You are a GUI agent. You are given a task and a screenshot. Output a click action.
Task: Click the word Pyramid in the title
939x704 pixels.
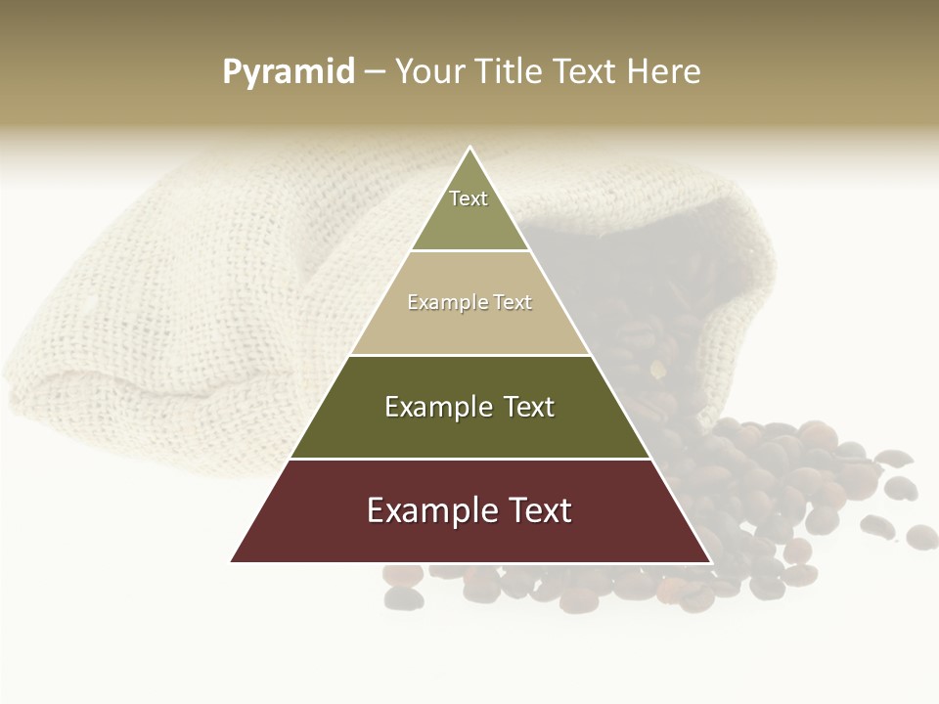(289, 72)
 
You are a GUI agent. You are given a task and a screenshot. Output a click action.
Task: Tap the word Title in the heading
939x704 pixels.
(511, 72)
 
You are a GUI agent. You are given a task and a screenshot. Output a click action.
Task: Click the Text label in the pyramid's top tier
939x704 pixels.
(469, 198)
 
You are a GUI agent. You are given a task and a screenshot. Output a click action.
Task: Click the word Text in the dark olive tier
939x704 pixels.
(529, 407)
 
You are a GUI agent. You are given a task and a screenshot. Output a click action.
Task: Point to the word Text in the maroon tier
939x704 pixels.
(539, 510)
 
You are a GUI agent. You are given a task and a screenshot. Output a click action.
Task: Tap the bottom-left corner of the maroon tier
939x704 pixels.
(233, 561)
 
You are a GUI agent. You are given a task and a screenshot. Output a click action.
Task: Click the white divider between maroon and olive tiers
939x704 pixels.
(470, 459)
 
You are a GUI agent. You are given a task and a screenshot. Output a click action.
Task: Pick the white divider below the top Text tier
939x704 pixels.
(470, 250)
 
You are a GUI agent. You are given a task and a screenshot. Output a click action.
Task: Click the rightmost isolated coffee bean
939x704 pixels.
(921, 536)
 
